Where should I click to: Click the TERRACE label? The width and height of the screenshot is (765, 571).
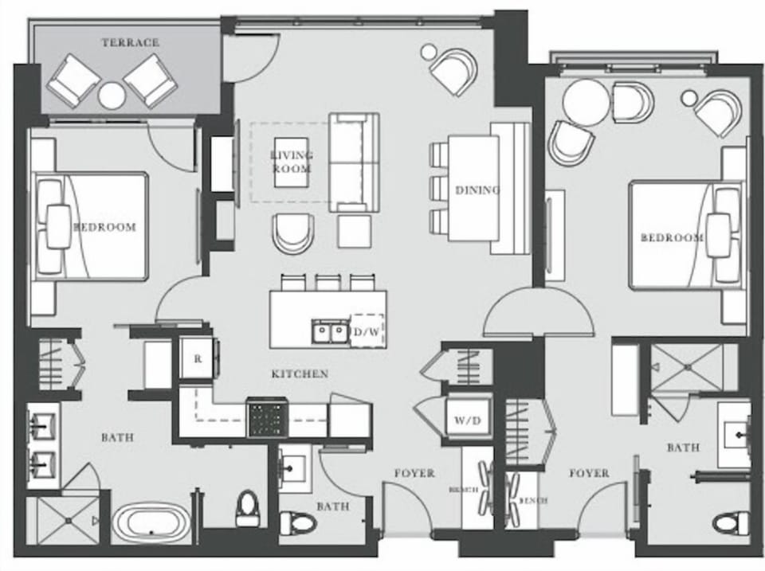coord(131,42)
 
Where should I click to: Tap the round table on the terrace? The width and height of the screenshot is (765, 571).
coord(112,96)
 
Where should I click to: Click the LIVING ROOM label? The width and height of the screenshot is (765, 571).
coord(291,162)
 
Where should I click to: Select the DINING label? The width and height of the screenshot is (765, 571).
coord(477,190)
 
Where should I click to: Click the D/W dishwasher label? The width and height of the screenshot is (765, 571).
coord(367,330)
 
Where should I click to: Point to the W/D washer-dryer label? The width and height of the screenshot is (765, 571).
coord(463,420)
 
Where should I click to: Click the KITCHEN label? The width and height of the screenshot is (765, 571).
coord(300,373)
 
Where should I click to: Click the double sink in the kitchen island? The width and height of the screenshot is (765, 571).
coord(330,330)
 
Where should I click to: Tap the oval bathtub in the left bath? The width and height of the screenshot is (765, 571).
coord(151,523)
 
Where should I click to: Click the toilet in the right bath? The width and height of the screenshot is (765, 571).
coord(731,523)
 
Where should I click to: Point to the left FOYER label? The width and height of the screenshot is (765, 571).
coord(414,473)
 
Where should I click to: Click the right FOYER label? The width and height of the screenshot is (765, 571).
coord(589,473)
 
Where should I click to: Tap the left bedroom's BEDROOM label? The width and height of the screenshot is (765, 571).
coord(104,227)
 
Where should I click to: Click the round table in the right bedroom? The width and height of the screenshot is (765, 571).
coord(586,101)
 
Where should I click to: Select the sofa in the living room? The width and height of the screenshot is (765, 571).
coord(355,162)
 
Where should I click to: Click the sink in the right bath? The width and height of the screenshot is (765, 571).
coord(736,434)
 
